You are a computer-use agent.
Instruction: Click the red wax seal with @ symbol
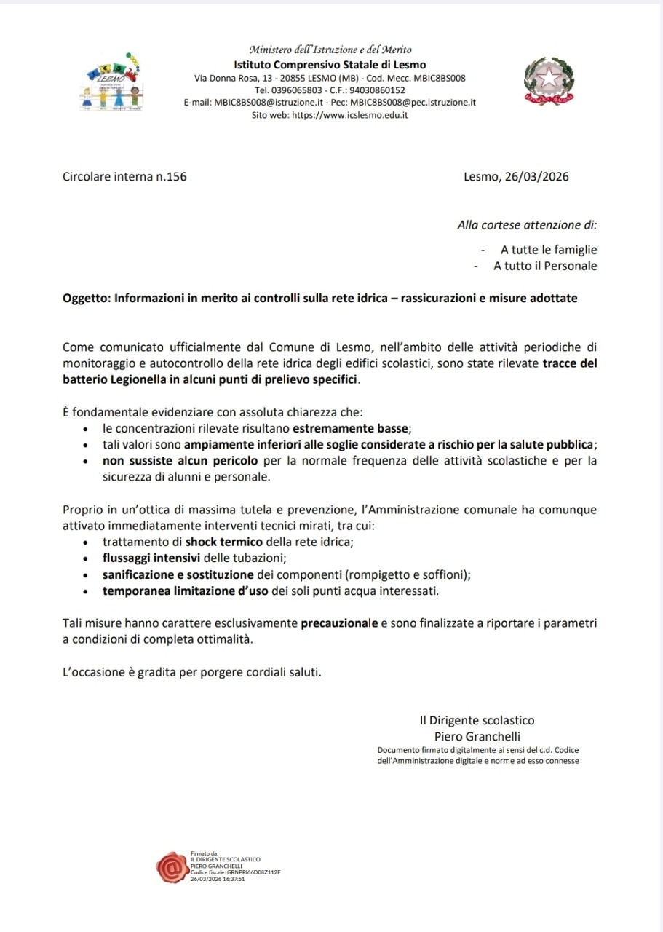click(x=172, y=866)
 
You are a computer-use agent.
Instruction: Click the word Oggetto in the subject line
click(x=86, y=299)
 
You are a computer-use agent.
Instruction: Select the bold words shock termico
click(x=217, y=542)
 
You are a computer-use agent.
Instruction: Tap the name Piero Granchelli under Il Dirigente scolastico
click(x=477, y=736)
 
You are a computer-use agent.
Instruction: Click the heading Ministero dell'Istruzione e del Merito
click(x=330, y=50)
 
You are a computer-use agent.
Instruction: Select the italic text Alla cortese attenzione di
click(x=527, y=226)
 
